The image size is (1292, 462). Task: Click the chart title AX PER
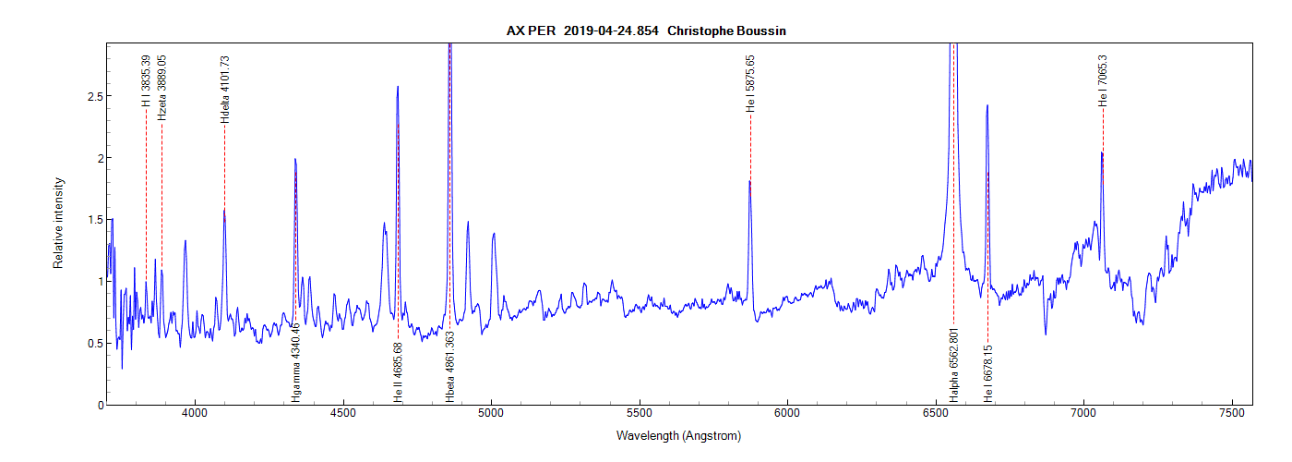531,30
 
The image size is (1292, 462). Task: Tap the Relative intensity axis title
58,224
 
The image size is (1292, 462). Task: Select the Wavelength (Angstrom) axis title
678,435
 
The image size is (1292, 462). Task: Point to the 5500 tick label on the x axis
640,417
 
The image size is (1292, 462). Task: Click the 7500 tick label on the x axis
1232,417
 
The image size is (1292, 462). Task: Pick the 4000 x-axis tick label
195,417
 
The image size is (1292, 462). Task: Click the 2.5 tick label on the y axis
90,96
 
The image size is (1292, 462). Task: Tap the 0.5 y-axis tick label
90,343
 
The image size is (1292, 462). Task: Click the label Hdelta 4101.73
224,90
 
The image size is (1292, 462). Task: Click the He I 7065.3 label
1103,80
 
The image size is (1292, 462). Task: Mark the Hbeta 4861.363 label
450,365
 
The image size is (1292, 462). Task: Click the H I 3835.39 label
146,80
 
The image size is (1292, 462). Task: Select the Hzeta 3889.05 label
162,87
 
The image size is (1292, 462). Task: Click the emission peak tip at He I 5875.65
749,181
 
